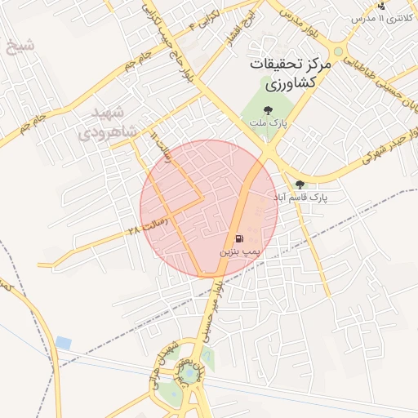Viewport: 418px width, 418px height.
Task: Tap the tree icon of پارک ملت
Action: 267,109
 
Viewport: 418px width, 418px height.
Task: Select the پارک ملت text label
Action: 267,122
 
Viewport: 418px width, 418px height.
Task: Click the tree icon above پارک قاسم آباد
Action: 300,185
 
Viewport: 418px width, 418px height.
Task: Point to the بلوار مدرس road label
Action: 301,24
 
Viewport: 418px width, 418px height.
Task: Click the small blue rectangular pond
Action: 64,342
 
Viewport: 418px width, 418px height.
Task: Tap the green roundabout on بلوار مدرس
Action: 338,51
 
